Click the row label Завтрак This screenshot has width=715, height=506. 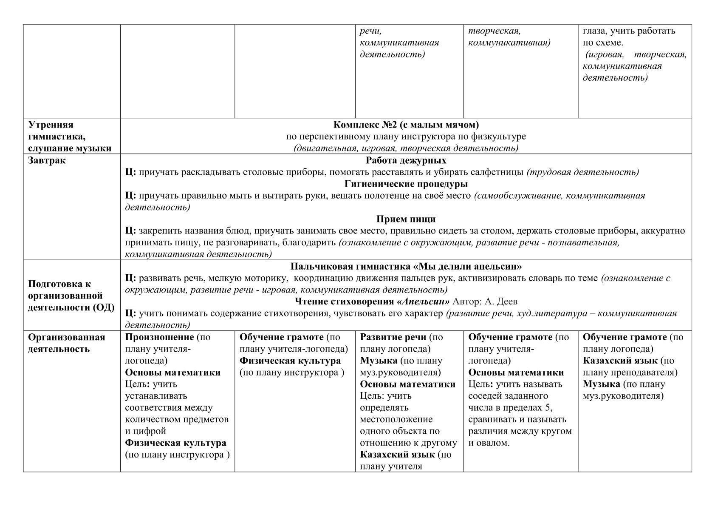[47, 161]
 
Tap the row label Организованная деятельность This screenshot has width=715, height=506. [66, 343]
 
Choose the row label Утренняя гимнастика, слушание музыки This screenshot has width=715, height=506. [70, 136]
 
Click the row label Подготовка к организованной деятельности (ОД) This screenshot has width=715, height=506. [71, 296]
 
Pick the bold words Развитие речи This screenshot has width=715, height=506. [393, 337]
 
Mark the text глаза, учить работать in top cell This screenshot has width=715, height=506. [629, 31]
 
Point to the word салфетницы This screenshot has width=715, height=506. [500, 172]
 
